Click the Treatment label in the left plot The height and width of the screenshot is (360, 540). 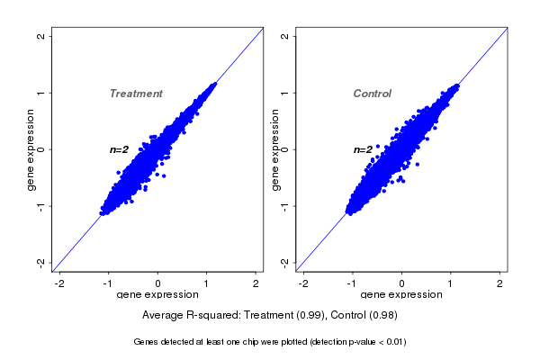(x=136, y=94)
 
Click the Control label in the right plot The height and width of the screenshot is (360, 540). (x=373, y=94)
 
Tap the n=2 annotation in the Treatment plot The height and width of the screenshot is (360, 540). (x=120, y=149)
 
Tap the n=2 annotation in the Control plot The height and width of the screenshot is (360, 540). (x=363, y=149)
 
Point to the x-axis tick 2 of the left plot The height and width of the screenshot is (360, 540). (x=256, y=283)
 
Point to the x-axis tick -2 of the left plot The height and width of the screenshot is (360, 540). (x=59, y=283)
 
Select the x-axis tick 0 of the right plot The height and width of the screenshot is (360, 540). (x=401, y=283)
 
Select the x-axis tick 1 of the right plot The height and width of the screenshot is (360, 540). (x=450, y=283)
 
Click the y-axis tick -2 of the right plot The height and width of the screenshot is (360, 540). (x=284, y=262)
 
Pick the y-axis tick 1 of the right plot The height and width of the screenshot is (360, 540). (x=284, y=93)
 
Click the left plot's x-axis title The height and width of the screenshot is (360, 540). (x=157, y=295)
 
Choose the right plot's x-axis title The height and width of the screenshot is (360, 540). (x=400, y=295)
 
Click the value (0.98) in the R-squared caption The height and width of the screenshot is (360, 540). (x=382, y=316)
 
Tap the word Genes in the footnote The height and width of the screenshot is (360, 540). (x=147, y=342)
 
